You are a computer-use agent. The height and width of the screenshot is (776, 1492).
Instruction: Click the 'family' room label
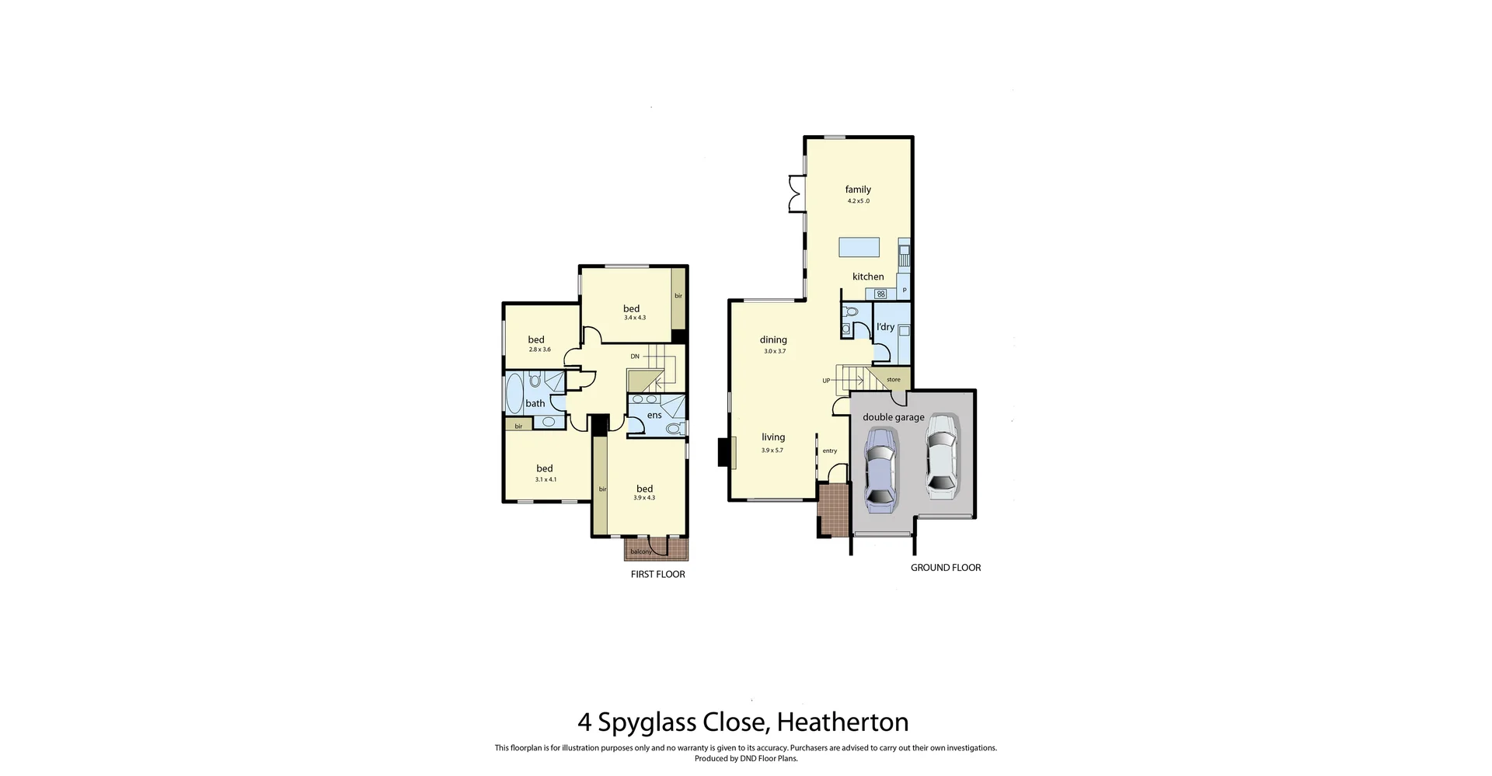(858, 190)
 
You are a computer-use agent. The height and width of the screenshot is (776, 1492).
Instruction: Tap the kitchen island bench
(859, 247)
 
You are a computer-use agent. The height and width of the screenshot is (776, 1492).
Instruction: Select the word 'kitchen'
(868, 277)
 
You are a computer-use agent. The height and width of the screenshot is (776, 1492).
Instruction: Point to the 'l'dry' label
(885, 327)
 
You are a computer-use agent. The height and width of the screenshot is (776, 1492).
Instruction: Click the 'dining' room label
(773, 339)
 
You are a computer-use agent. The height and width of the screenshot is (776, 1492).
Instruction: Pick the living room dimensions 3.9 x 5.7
(772, 451)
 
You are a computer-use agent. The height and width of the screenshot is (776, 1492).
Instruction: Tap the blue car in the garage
(880, 470)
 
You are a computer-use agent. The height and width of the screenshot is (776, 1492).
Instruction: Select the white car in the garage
(940, 456)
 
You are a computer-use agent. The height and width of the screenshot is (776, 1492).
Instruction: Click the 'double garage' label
(894, 417)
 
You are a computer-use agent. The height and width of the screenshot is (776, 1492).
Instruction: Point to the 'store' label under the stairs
(894, 380)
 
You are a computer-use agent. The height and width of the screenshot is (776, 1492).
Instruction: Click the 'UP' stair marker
(826, 381)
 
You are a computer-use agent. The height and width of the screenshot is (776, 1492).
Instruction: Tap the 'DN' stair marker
(635, 357)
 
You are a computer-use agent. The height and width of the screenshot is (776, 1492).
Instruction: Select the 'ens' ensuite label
(654, 416)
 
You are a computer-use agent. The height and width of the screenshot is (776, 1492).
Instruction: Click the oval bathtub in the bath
(514, 393)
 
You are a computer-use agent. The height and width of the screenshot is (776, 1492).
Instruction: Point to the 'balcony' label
(641, 552)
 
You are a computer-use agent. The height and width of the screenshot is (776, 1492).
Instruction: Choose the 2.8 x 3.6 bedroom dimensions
(539, 350)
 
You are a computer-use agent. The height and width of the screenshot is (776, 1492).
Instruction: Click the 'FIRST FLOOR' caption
(657, 575)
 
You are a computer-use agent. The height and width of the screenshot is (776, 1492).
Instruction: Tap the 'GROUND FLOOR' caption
(946, 568)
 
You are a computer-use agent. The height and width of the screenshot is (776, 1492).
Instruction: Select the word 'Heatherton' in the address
(842, 722)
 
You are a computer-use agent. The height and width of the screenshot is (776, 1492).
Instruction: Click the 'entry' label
(830, 451)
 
